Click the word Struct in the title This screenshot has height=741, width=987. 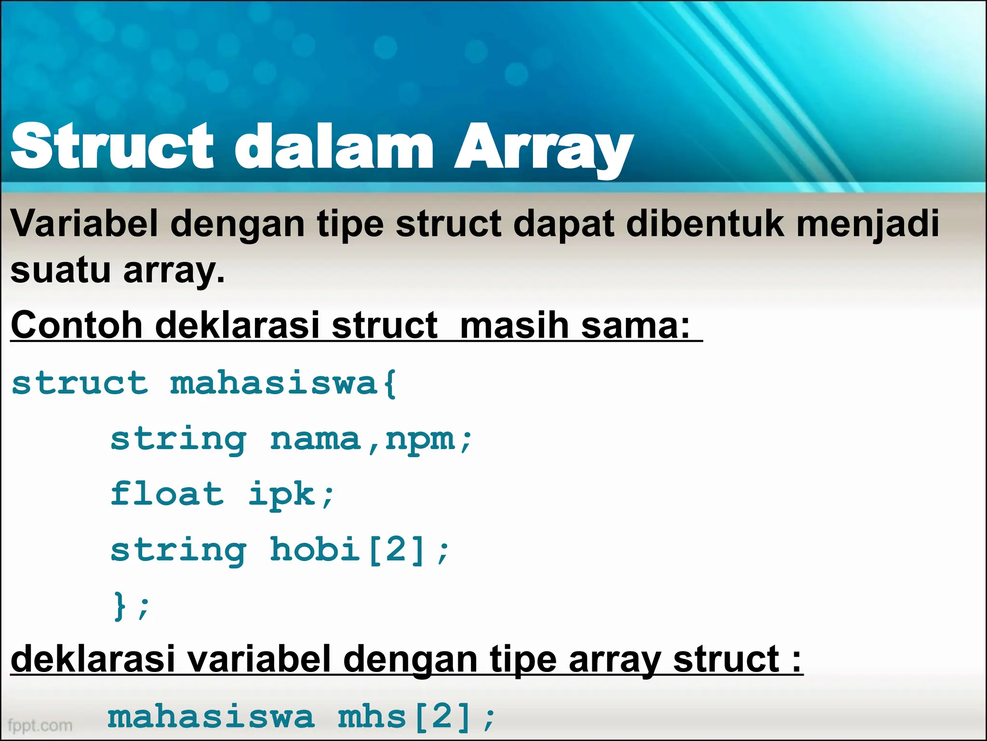click(112, 146)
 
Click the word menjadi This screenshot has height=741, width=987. click(867, 225)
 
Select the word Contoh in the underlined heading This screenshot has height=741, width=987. click(76, 325)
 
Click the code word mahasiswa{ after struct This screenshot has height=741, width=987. click(283, 384)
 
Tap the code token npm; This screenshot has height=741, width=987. click(428, 440)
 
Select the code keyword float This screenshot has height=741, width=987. click(167, 494)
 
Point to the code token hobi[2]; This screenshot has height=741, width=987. click(359, 550)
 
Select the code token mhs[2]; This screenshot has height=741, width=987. click(415, 717)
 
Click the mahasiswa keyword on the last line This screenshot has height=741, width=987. click(211, 717)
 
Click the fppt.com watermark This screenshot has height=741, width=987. click(40, 725)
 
